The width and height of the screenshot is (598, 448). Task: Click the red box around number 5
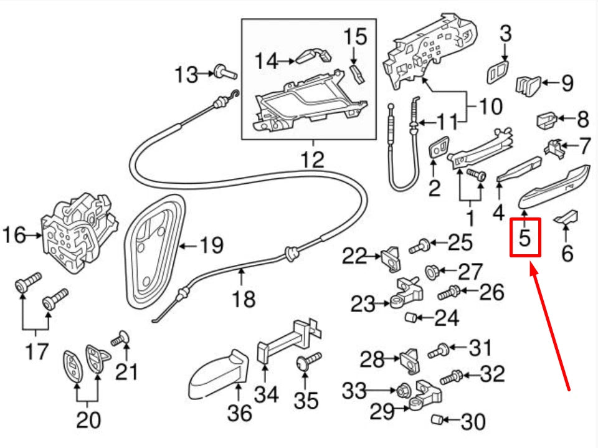[x=525, y=237]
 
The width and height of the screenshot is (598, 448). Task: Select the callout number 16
[x=14, y=236]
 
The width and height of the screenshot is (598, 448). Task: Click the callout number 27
[x=470, y=272]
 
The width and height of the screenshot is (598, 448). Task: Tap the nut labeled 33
[x=402, y=391]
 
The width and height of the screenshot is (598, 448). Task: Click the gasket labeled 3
[x=497, y=72]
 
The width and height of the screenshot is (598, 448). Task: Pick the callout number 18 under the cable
[x=243, y=300]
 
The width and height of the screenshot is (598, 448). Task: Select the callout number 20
[x=87, y=421]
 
